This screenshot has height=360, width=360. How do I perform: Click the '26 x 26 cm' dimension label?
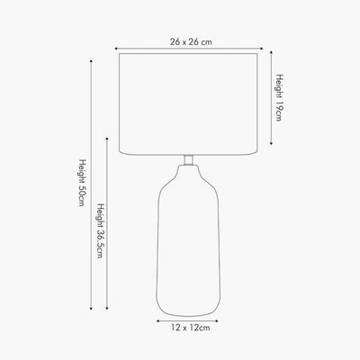point(191,41)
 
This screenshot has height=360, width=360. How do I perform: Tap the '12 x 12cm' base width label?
point(191,328)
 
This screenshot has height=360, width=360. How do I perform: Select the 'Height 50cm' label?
point(82,183)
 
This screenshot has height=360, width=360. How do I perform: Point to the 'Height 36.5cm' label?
point(100,230)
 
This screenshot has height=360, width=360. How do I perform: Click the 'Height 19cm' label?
point(279,98)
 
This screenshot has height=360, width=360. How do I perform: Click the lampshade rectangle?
point(188,104)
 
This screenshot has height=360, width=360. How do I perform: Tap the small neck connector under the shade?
point(188,160)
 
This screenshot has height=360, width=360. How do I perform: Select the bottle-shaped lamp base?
point(188,240)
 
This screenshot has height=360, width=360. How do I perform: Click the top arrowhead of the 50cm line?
point(91,61)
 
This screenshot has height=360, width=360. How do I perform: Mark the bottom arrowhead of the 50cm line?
point(91,308)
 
